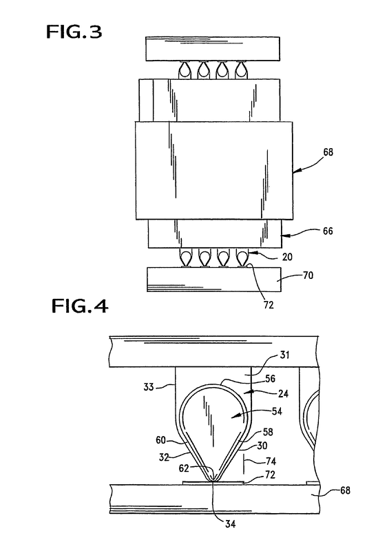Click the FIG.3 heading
point(74,32)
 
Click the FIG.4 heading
point(80,306)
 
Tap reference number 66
point(328,231)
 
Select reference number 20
point(287,257)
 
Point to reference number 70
point(308,275)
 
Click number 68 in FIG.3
point(328,152)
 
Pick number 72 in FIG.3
point(269,305)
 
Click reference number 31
point(284,355)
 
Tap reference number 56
point(270,379)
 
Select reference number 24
point(283,393)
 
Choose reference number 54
point(277,411)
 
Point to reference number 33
point(149,387)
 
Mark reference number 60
point(161,440)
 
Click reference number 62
point(184,468)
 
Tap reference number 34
point(230,524)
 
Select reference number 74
point(271,461)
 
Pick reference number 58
point(268,432)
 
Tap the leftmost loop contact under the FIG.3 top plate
point(185,70)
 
